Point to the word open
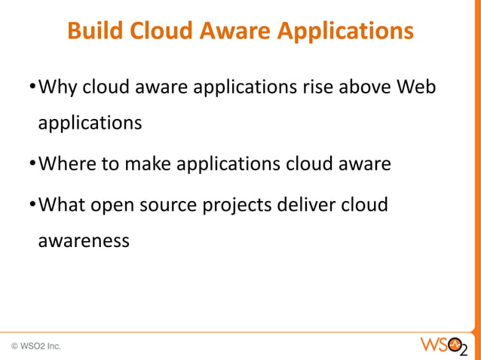pos(121,206)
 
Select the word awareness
pos(84,241)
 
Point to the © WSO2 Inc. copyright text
pos(36,346)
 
